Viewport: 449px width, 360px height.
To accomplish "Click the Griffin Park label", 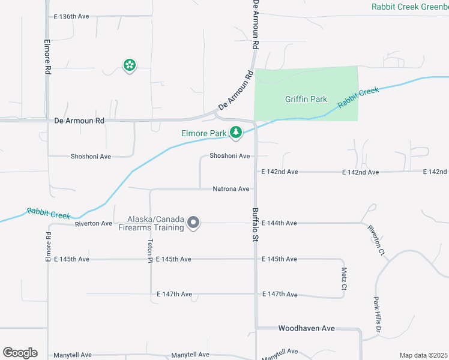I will [x=306, y=99].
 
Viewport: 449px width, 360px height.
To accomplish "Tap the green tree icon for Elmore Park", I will [x=236, y=133].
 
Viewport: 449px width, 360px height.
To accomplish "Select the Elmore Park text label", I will [x=203, y=133].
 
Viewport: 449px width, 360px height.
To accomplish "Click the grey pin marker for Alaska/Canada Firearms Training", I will [x=193, y=223].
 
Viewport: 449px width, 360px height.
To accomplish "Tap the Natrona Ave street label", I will [x=231, y=189].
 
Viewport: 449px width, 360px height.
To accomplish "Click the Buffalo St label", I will [x=255, y=225].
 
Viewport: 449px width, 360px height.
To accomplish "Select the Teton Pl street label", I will [x=150, y=249].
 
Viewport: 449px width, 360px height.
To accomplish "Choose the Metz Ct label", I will [x=344, y=277].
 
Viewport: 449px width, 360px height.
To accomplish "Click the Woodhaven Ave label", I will [x=306, y=329].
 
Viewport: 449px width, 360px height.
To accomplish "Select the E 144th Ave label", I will [x=279, y=223].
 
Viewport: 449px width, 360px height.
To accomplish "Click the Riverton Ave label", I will [x=94, y=224].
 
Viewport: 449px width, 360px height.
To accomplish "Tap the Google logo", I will [x=20, y=353].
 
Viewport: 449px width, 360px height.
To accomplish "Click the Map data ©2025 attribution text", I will [x=423, y=355].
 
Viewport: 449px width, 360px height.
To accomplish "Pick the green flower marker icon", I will [x=129, y=65].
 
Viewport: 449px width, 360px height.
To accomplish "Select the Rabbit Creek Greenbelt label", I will [x=409, y=7].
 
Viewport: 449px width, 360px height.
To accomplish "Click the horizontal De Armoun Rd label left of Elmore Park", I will [x=79, y=121].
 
